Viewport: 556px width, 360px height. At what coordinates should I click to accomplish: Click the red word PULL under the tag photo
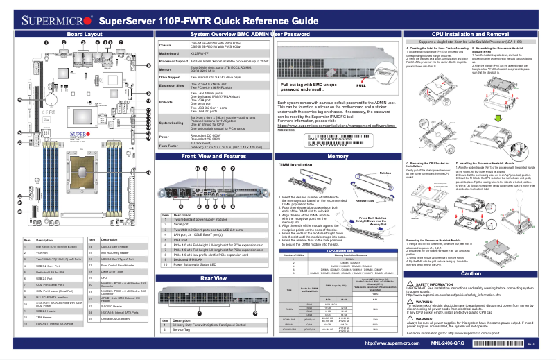coord(360,85)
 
